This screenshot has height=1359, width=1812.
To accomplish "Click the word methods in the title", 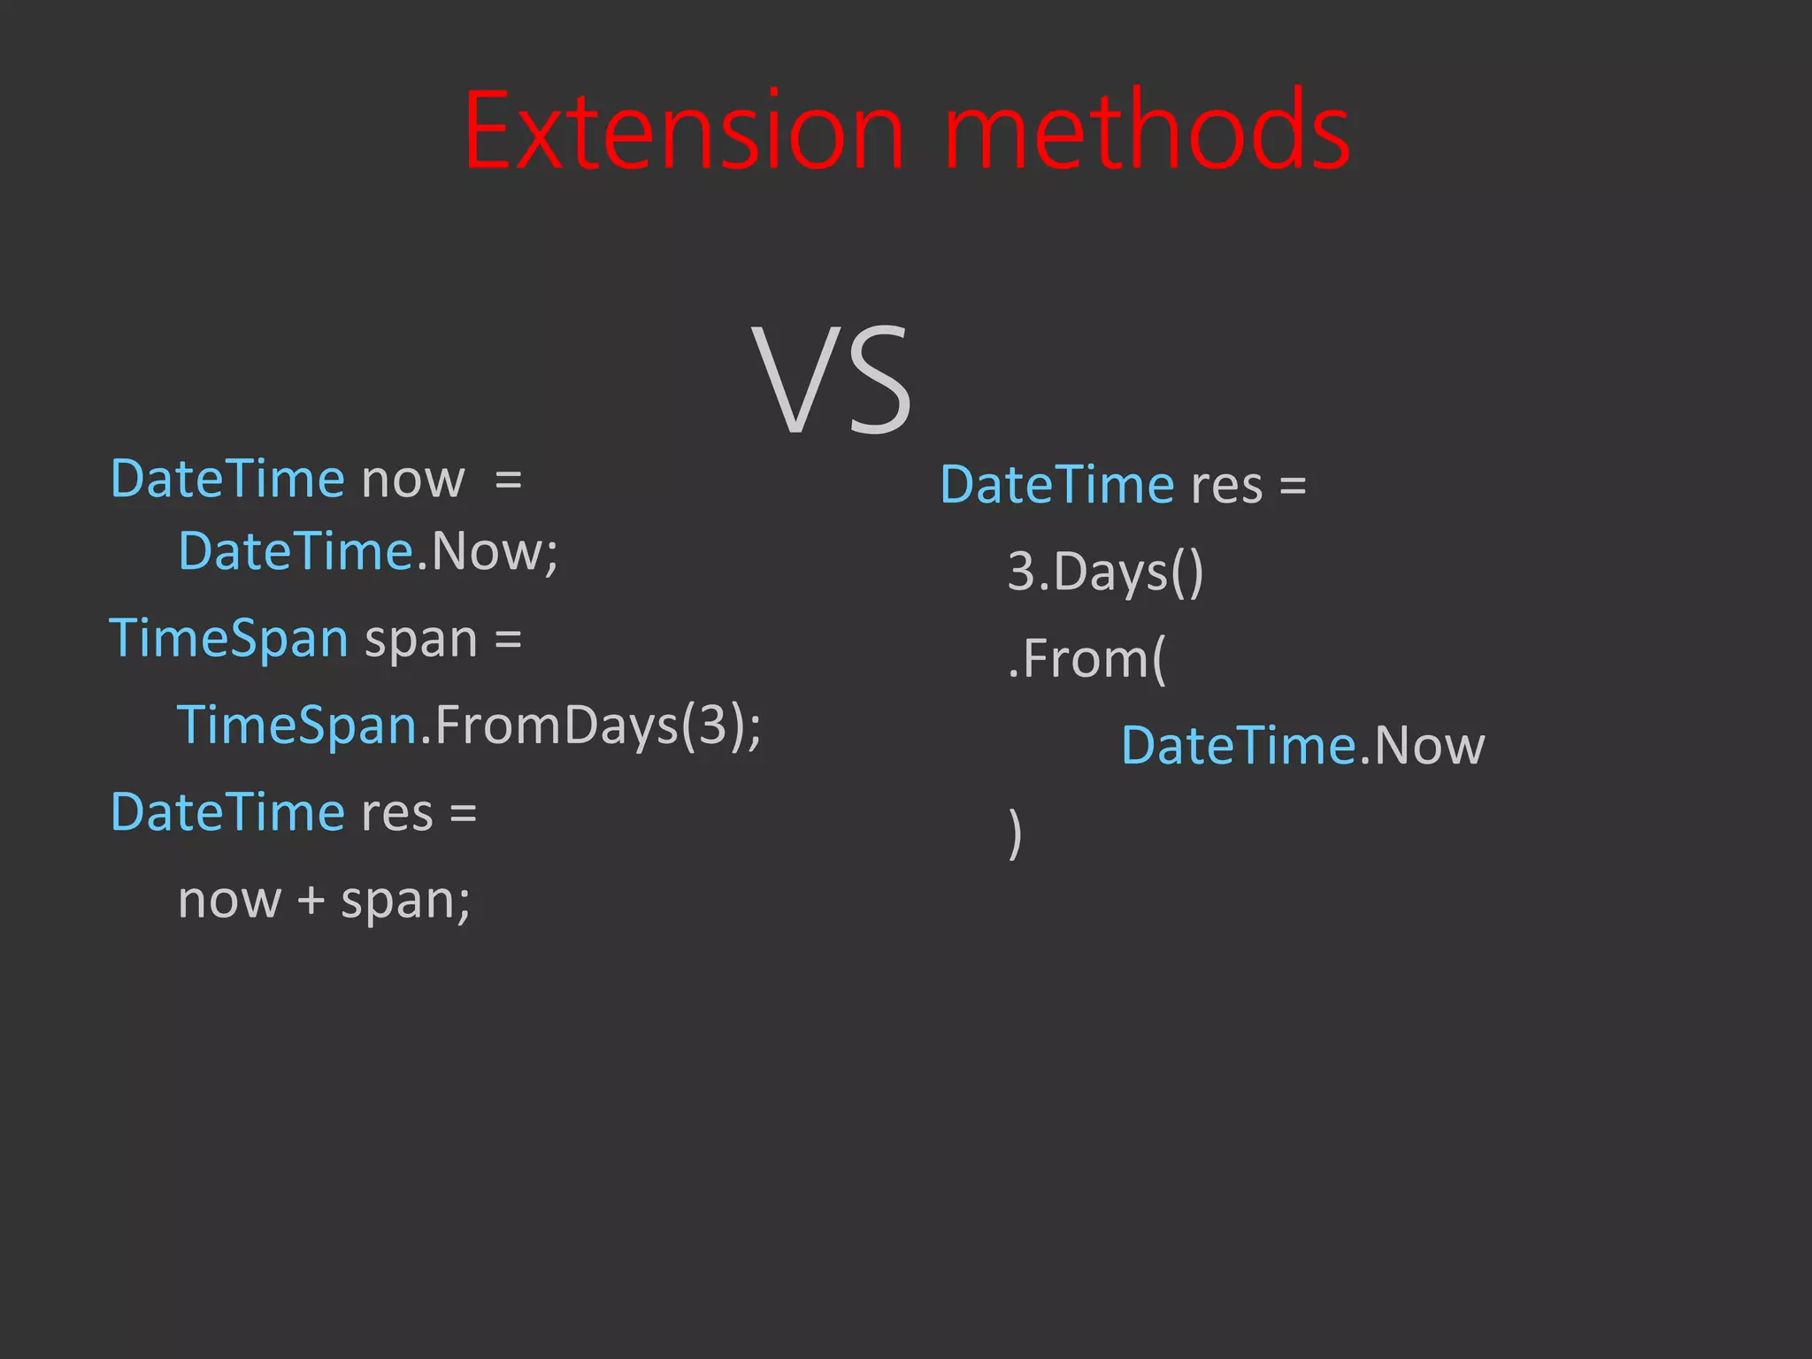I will (1148, 132).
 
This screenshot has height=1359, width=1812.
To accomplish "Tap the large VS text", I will (832, 380).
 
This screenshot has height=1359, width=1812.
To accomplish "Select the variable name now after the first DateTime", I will (412, 480).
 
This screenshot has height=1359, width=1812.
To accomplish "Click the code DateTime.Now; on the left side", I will (368, 552).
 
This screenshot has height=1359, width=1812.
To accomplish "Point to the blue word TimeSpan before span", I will (228, 639).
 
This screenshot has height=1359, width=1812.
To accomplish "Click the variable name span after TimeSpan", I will (421, 641).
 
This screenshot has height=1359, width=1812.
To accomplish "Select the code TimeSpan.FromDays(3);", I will (469, 726).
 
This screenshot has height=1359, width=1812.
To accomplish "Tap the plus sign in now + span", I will (311, 901).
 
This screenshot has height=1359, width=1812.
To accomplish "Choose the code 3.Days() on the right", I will (1105, 572).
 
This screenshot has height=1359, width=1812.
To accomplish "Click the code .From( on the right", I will (1087, 659).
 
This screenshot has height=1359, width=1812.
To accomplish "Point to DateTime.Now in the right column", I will (1302, 746).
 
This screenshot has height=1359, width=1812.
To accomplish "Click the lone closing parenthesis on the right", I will (1015, 833).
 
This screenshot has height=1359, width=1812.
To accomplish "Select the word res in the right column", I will (1226, 487).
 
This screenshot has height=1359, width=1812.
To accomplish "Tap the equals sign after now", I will (508, 481).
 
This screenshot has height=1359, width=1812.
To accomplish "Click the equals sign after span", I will (508, 640).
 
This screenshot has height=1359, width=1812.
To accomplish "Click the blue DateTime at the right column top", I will (1056, 485).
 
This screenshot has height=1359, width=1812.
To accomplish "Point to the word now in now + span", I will (229, 902).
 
